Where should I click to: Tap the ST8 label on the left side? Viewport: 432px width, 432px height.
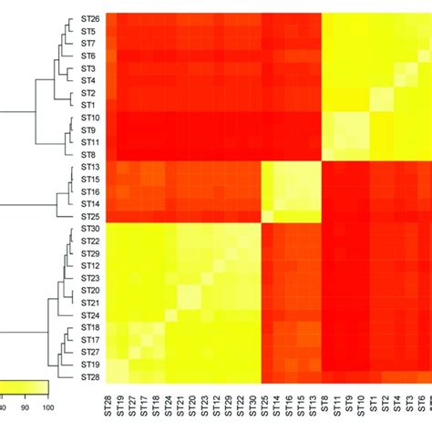tap(89, 155)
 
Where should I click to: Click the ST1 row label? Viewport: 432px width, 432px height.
tap(88, 106)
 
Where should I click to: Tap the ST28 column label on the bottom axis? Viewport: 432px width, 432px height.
tap(111, 406)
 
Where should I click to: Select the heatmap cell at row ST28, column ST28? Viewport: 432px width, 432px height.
tap(111, 376)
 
